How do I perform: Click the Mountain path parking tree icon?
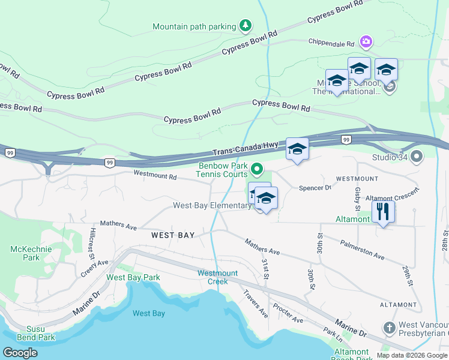click(x=245, y=25)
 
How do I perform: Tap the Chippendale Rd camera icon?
click(x=366, y=41)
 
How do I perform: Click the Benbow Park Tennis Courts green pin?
click(x=258, y=169)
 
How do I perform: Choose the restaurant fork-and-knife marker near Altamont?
click(x=382, y=211)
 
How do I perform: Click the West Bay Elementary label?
click(x=212, y=206)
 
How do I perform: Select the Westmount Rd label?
click(x=155, y=176)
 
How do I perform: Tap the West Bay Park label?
click(x=133, y=277)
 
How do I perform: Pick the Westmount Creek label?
click(x=217, y=277)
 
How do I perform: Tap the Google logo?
click(x=20, y=353)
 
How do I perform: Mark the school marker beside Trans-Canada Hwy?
click(x=297, y=149)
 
